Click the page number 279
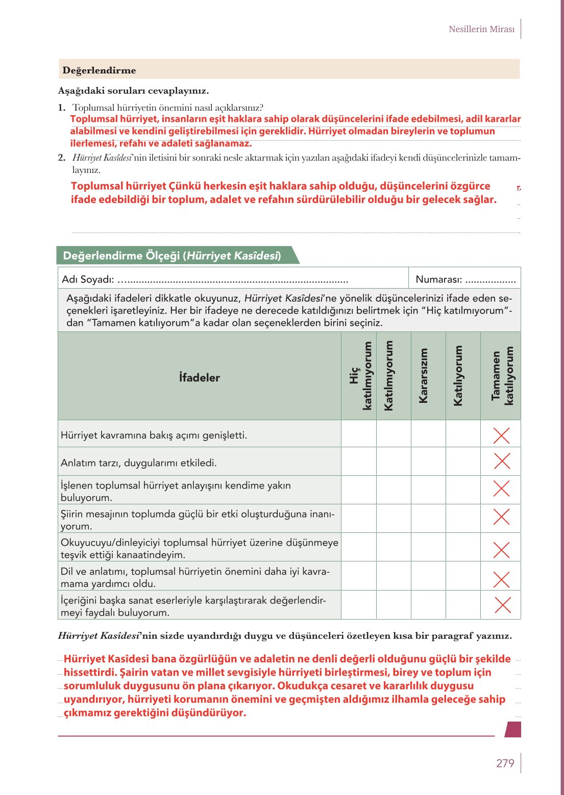[505, 763]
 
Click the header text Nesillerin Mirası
[481, 29]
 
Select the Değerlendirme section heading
[99, 70]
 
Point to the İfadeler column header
[200, 377]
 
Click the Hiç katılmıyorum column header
[359, 376]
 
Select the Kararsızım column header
[423, 376]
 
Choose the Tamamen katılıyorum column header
[501, 376]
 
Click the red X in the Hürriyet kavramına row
[502, 435]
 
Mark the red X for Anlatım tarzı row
[502, 461]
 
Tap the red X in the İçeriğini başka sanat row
[503, 605]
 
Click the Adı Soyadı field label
[87, 279]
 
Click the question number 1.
[62, 108]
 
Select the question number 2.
[62, 158]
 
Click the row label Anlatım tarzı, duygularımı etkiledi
[138, 463]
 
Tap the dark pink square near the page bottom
[513, 729]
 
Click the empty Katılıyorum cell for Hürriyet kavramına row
[463, 434]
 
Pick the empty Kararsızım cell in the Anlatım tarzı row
[428, 461]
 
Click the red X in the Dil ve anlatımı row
[502, 579]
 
